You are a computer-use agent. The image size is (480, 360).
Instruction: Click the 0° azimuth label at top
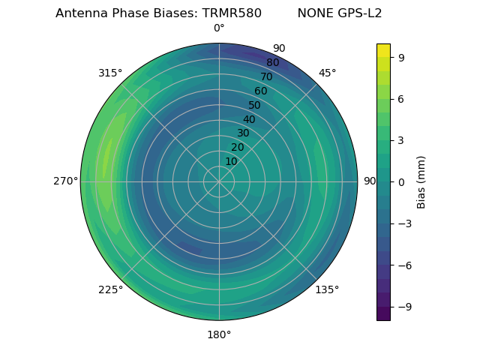point(219,28)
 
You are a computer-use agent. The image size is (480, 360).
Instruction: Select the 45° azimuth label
point(327,73)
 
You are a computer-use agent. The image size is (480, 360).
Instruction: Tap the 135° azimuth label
point(327,289)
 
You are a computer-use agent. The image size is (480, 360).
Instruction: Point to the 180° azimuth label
point(219,334)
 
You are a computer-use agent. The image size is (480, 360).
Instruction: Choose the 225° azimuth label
point(110,289)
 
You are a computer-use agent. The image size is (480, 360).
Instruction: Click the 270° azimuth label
point(65,181)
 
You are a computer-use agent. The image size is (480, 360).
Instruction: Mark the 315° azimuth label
point(110,73)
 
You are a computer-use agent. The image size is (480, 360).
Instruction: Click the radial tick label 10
point(231,161)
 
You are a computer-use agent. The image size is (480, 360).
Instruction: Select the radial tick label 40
point(249,119)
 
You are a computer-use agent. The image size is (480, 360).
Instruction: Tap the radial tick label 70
point(266,77)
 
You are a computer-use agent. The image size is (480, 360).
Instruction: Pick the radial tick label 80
point(272,63)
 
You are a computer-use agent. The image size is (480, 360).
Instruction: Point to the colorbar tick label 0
point(402,181)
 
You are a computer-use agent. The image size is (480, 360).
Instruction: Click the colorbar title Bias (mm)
point(421,181)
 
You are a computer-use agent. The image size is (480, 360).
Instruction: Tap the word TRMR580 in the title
point(232,13)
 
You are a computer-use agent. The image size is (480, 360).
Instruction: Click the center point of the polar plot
point(219,181)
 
